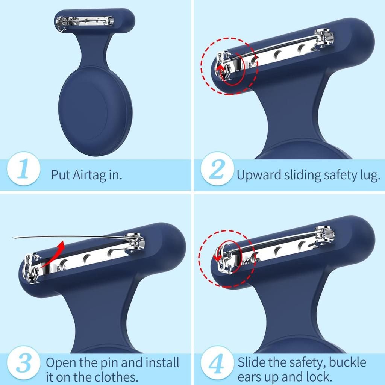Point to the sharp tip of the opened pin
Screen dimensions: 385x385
point(13,237)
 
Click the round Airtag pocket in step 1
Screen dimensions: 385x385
point(95,111)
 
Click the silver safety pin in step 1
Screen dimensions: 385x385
point(86,21)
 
